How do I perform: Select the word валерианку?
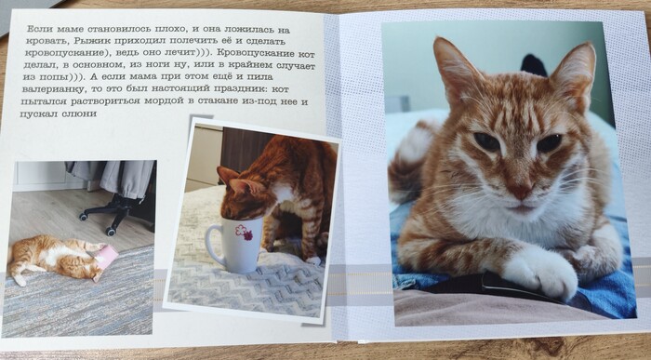(x=46, y=89)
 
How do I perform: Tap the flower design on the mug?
(x=244, y=233)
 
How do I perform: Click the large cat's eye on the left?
(x=486, y=141)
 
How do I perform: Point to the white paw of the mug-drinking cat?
(x=313, y=260)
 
